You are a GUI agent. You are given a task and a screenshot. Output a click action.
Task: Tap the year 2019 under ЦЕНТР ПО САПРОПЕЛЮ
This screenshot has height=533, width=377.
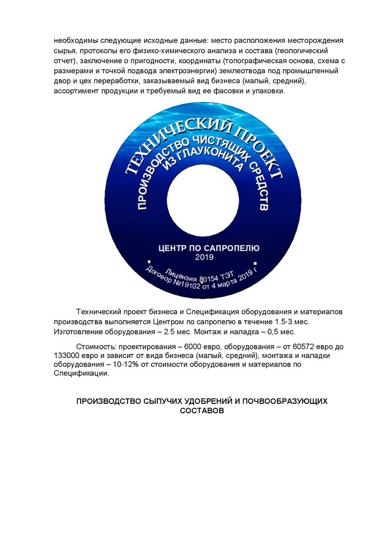coord(204,257)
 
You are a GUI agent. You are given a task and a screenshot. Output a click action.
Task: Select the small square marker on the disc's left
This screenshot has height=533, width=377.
coord(149,262)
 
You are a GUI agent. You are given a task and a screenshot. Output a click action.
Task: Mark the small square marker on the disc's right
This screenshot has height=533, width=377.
coord(255,263)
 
